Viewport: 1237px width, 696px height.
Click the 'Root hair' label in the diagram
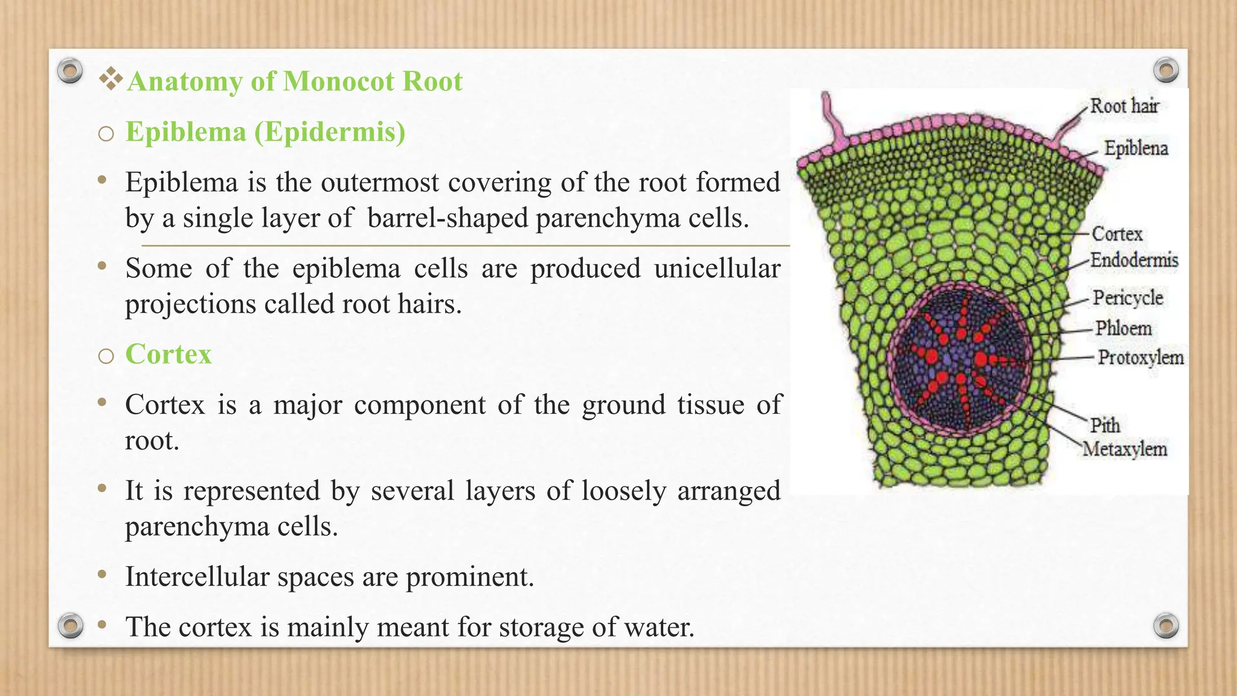[1124, 106]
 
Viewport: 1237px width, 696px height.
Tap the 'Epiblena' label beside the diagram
[1136, 148]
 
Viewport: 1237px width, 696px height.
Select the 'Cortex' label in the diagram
[1117, 234]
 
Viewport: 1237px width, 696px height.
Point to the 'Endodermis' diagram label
[1134, 260]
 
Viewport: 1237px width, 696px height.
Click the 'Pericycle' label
[1128, 298]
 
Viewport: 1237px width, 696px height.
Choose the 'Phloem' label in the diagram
[1123, 329]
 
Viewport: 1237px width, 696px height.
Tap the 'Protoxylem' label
[1140, 358]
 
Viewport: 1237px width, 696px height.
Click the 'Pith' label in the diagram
[1105, 425]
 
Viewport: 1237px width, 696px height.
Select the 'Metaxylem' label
[1124, 449]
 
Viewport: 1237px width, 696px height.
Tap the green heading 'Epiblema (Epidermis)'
[265, 132]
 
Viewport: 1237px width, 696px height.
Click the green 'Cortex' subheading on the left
[169, 354]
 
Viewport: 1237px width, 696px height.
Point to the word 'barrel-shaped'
[448, 218]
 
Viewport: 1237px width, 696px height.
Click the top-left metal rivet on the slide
[70, 71]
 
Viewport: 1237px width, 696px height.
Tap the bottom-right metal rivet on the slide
[1166, 626]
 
